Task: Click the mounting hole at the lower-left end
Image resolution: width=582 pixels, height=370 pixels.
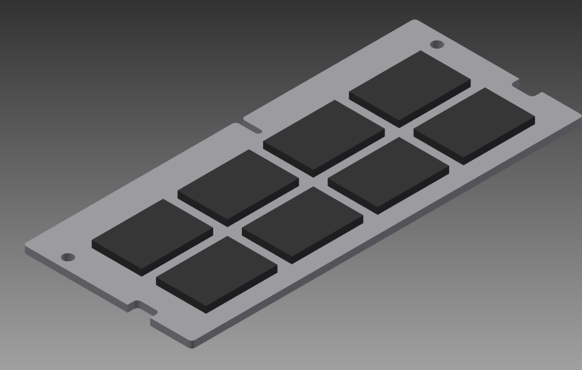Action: (x=69, y=257)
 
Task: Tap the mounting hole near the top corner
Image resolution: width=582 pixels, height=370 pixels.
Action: (x=436, y=44)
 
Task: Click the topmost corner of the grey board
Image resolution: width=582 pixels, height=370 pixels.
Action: (x=415, y=21)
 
